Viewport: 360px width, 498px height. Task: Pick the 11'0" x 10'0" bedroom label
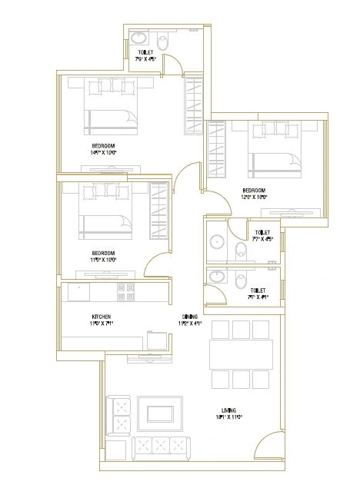click(x=103, y=254)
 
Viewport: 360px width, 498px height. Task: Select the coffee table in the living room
click(x=160, y=413)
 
